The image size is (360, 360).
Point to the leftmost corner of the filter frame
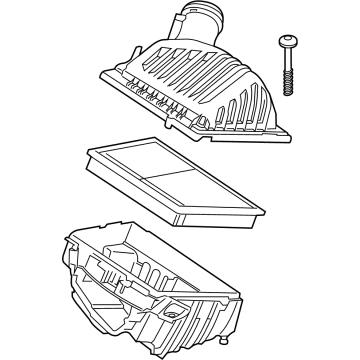[x=88, y=150]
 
